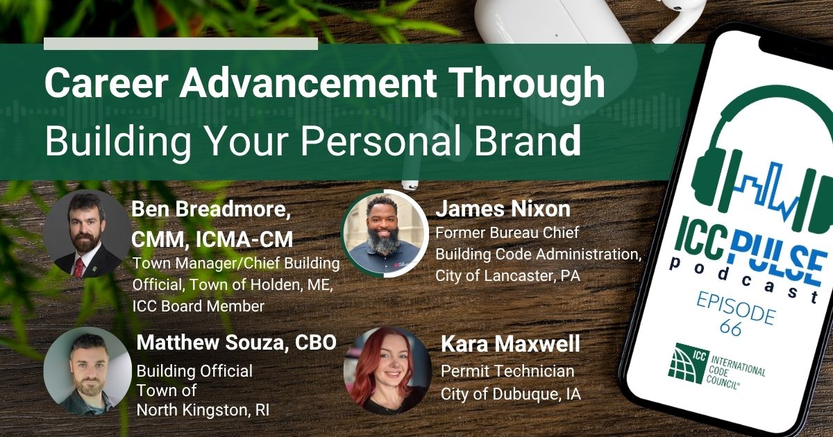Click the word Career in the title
pyautogui.click(x=106, y=83)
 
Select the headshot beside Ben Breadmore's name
pyautogui.click(x=87, y=234)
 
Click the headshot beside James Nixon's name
pyautogui.click(x=385, y=233)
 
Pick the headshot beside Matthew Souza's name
pyautogui.click(x=87, y=371)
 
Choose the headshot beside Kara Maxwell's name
pyautogui.click(x=387, y=371)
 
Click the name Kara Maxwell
pyautogui.click(x=510, y=344)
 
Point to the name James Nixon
pyautogui.click(x=503, y=209)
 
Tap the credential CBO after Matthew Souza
pyautogui.click(x=316, y=342)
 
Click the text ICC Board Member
pyautogui.click(x=199, y=306)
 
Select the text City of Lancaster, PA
pyautogui.click(x=507, y=276)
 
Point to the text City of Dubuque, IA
pyautogui.click(x=511, y=394)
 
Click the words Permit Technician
pyautogui.click(x=507, y=371)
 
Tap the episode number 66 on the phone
pyautogui.click(x=730, y=328)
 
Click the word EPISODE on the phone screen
pyautogui.click(x=736, y=309)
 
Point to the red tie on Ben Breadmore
pyautogui.click(x=78, y=268)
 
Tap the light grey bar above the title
pyautogui.click(x=180, y=44)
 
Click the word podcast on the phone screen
pyautogui.click(x=743, y=279)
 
